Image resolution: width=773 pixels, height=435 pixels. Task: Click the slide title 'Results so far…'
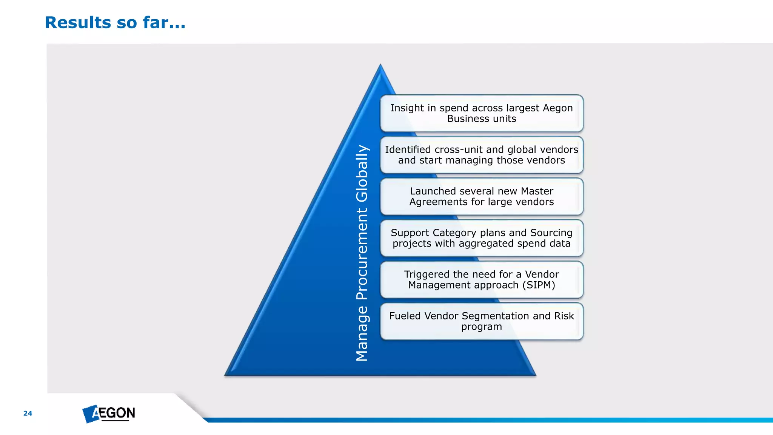coord(115,23)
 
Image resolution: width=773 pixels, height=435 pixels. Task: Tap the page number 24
coord(28,413)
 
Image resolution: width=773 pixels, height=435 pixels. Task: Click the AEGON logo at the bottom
coord(109,413)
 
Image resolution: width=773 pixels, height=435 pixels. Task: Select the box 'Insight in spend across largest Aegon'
coord(482,113)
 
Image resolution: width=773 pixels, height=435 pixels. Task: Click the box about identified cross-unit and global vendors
coord(482,155)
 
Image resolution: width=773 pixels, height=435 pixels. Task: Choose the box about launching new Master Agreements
coord(482,196)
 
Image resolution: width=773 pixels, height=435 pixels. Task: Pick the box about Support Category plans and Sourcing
coord(482,238)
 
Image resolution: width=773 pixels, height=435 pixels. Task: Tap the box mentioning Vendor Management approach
coord(482,279)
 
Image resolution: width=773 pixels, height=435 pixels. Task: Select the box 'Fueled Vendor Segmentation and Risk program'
coord(482,321)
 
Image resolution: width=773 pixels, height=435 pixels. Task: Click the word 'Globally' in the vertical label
coord(362,173)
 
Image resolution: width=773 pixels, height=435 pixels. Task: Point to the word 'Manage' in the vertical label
coord(362,333)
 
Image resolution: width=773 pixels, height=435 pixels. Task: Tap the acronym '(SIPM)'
coord(539,285)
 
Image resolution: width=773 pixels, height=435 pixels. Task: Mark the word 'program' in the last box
coord(482,327)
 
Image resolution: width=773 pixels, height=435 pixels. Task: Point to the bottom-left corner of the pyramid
coord(226,375)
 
